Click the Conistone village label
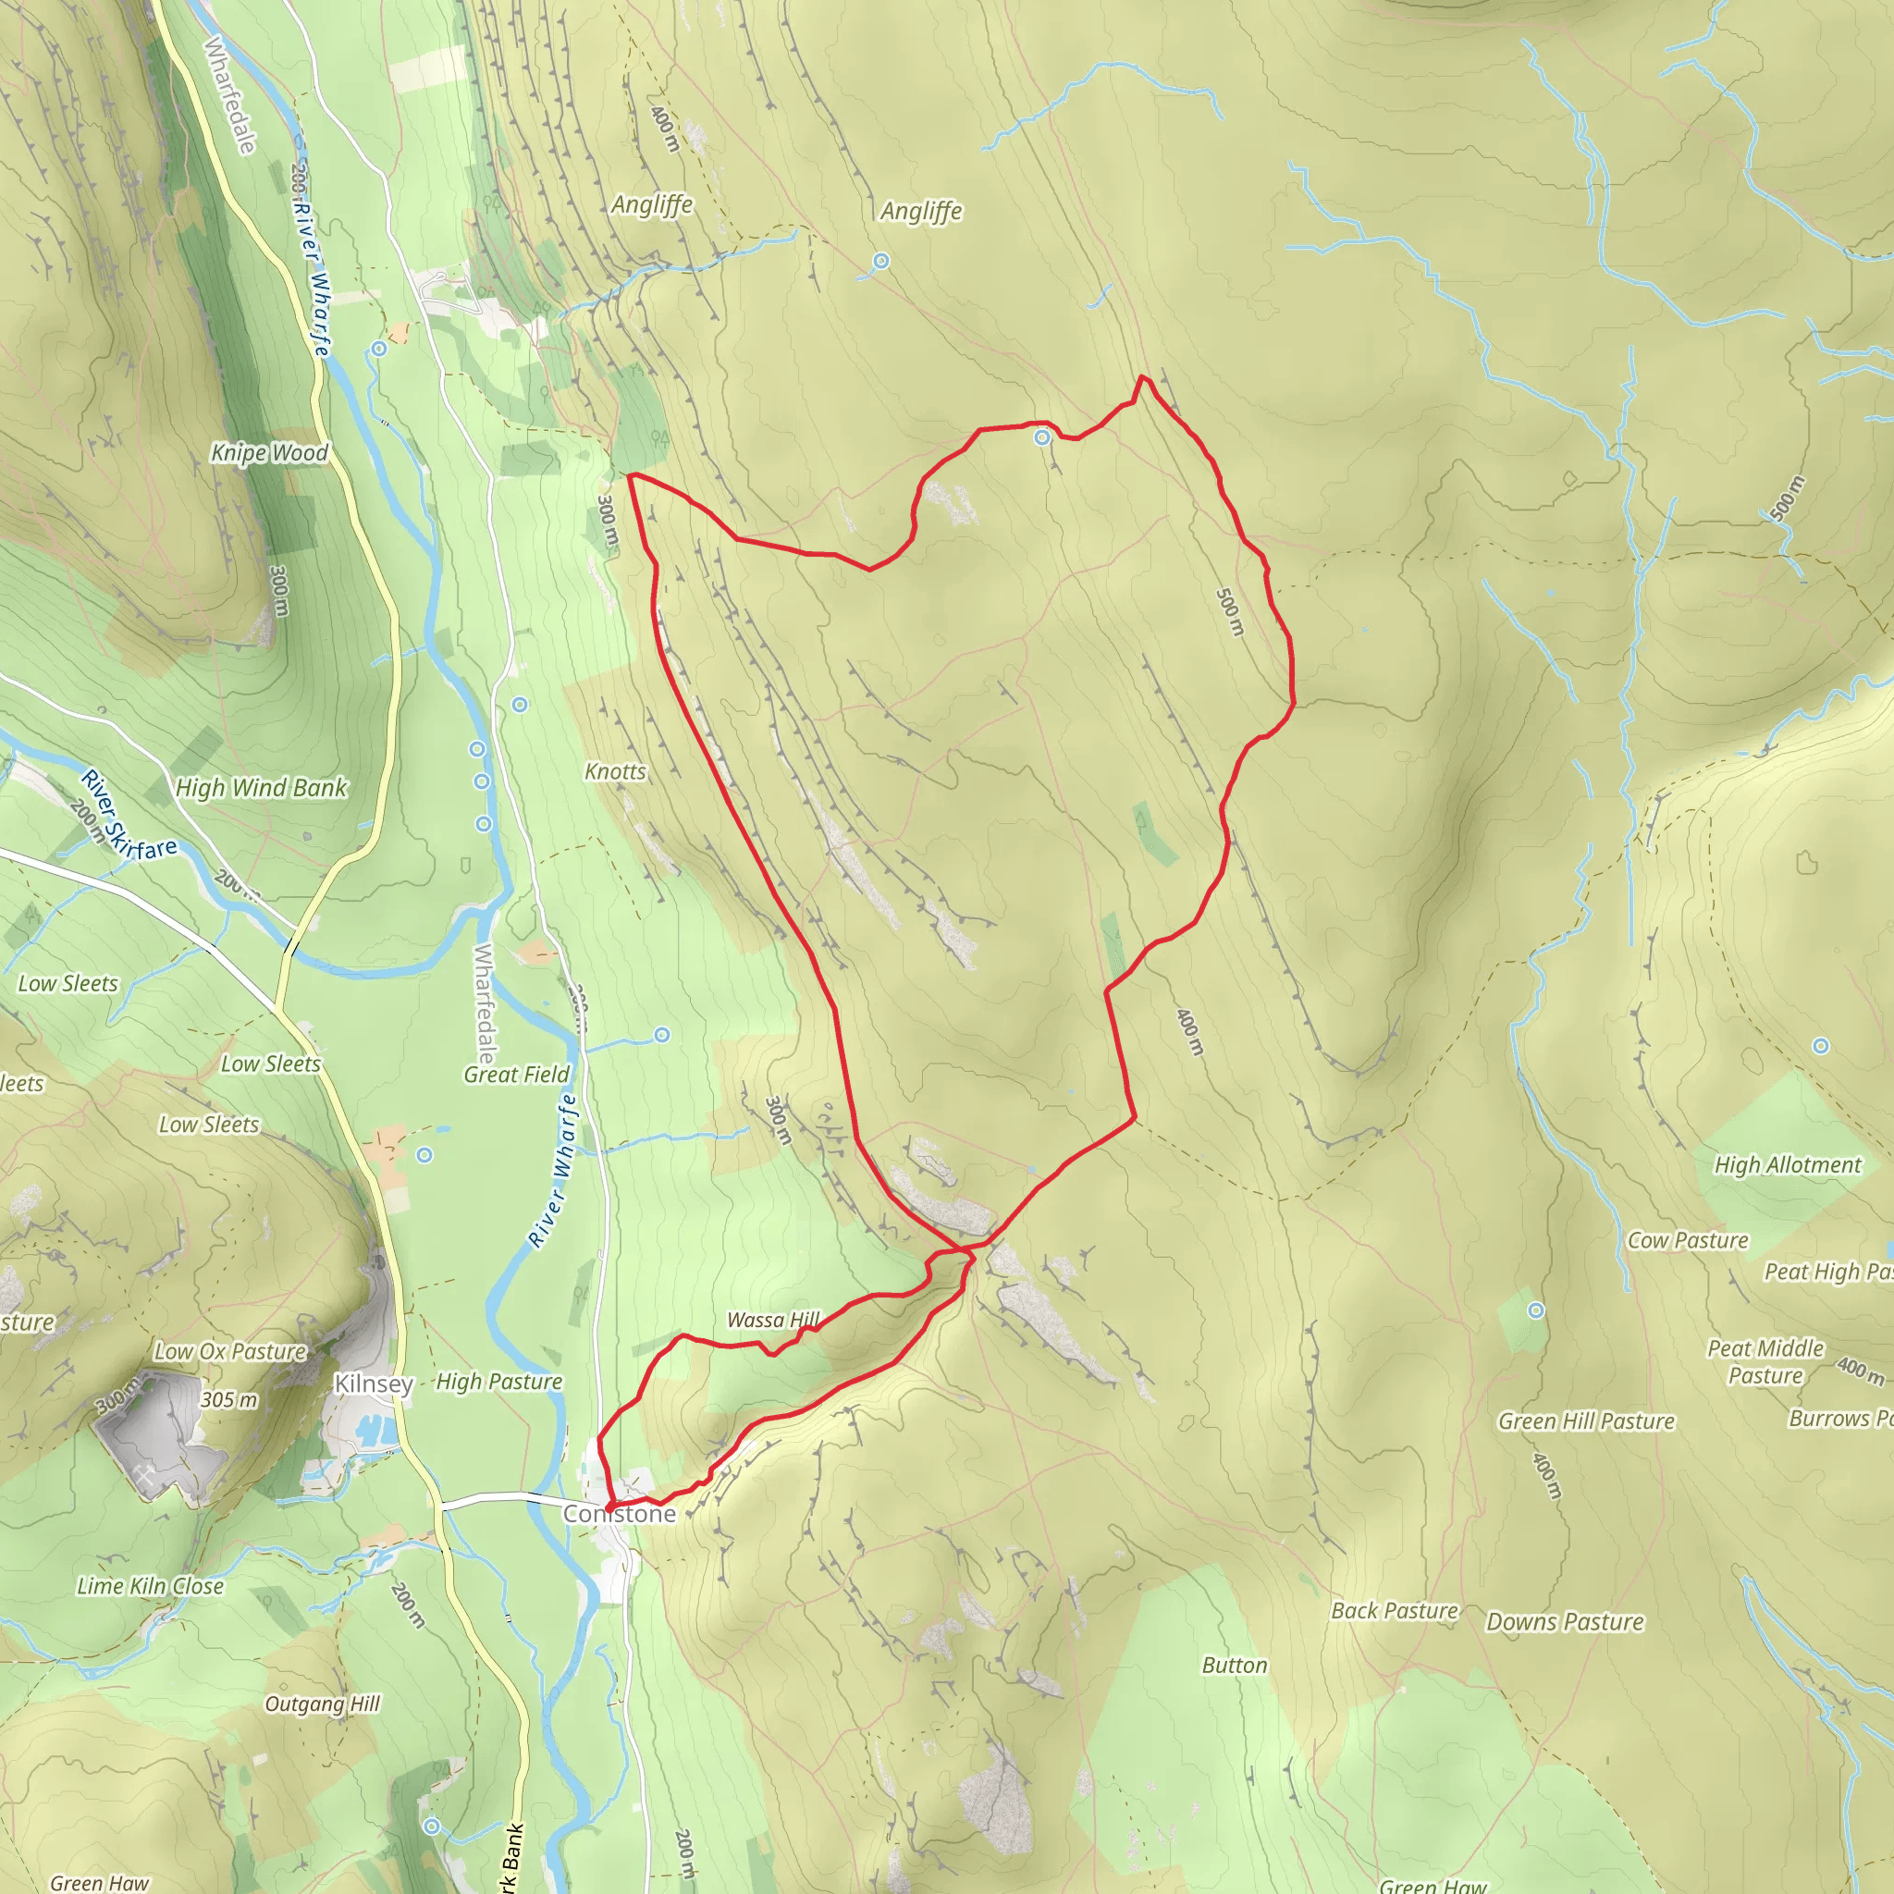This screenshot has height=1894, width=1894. coord(620,1514)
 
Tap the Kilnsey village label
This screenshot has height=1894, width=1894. coord(373,1384)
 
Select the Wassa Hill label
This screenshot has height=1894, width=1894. coord(772,1320)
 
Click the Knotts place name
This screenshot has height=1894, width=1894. coord(615,771)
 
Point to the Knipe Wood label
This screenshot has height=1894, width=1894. coord(270,452)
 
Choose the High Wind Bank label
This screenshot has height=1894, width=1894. coord(261,787)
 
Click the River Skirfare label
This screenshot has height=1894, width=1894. coord(129,816)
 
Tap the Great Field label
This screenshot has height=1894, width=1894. coord(516,1075)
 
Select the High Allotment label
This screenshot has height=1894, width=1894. coord(1786,1164)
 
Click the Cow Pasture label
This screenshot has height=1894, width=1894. coord(1687,1240)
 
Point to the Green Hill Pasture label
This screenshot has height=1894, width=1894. coord(1585,1421)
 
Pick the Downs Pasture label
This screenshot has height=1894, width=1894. coord(1565,1621)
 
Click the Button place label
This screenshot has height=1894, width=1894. coord(1235,1666)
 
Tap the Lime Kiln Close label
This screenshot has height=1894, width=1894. coord(150,1586)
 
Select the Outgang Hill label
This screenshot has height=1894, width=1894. coord(322,1703)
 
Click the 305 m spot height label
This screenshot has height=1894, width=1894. coord(228,1400)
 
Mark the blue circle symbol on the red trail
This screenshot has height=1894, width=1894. coord(1042,437)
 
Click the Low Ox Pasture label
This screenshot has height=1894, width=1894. coord(230,1351)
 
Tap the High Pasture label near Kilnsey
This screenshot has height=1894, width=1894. coord(499,1382)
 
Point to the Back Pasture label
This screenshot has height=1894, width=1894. coord(1394,1611)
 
